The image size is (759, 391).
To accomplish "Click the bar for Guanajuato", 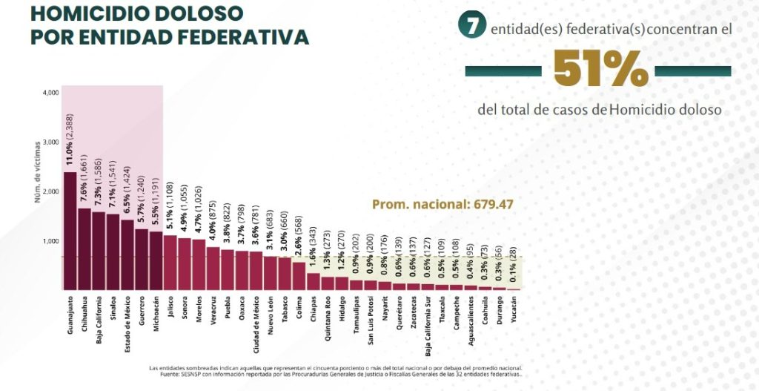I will (x=70, y=231).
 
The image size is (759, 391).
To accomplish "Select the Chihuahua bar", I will (x=84, y=249).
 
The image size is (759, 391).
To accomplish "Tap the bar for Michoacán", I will (x=156, y=260).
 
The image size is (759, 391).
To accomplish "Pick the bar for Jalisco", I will (x=170, y=263).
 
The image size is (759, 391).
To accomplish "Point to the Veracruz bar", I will (x=213, y=268).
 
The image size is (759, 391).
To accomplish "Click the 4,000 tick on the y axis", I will (x=50, y=93).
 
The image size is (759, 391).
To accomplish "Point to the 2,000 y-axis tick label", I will (x=50, y=191).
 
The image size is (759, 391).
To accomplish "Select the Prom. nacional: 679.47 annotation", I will (x=442, y=204).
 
